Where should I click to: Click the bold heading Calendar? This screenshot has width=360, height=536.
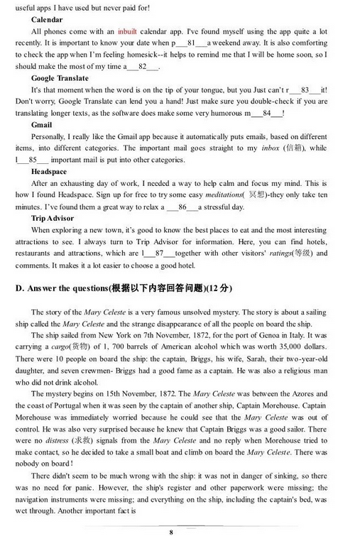point(47,20)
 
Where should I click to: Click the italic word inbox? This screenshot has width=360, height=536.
point(271,148)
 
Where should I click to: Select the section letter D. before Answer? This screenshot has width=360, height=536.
point(19,288)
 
